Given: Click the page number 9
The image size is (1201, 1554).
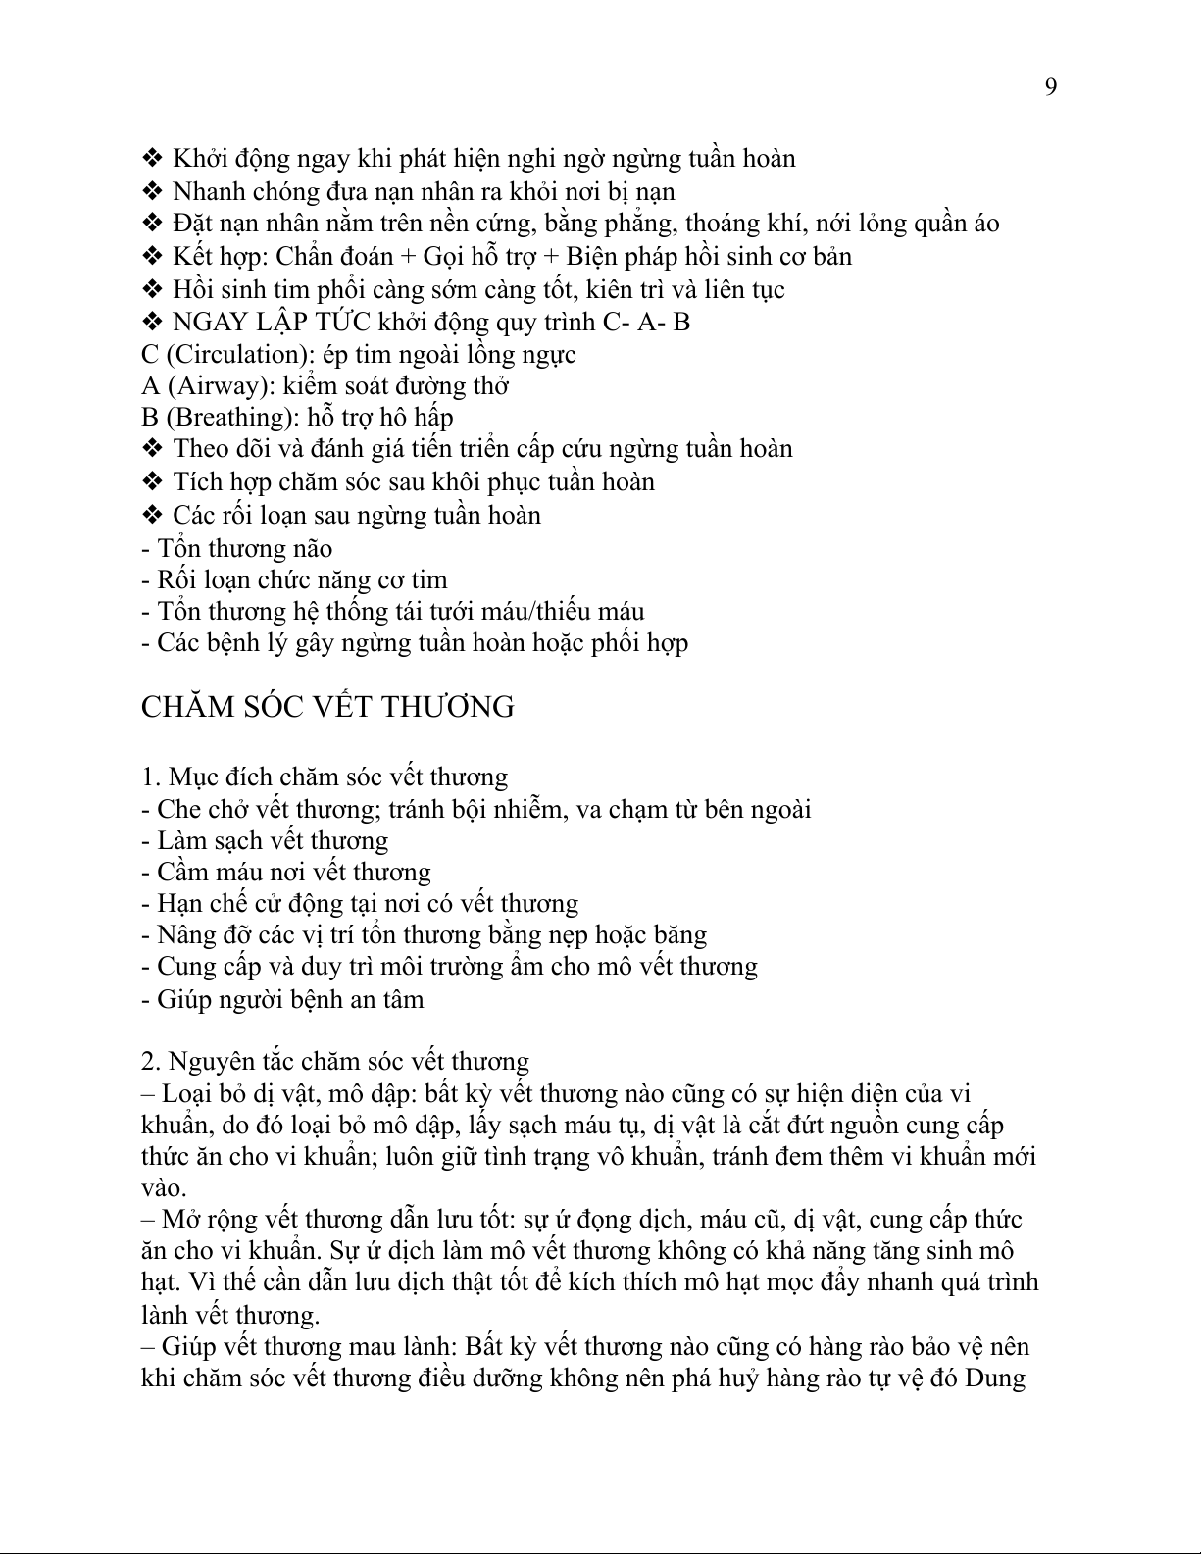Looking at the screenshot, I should click(x=1051, y=88).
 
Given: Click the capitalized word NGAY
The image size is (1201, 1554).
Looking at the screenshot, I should click(x=204, y=322).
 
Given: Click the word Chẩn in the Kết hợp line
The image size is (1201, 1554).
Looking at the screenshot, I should click(x=307, y=257).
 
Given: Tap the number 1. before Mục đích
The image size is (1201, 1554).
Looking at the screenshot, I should click(x=151, y=777).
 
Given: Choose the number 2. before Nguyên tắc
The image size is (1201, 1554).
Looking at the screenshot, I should click(x=151, y=1062).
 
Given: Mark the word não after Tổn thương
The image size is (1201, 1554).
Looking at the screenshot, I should click(x=311, y=549).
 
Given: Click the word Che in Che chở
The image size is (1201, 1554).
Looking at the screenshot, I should click(x=177, y=810).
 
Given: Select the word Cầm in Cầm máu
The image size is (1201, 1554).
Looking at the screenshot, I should click(x=182, y=873).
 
